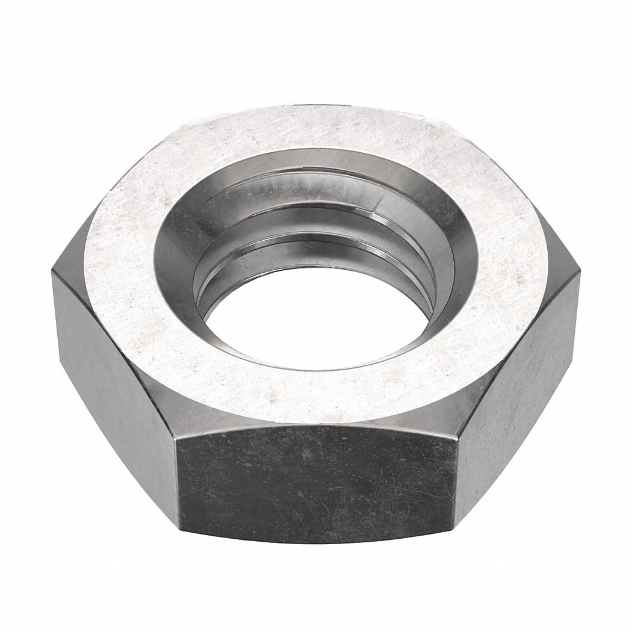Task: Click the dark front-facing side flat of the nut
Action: click(316, 482)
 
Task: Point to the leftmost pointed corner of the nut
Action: click(53, 271)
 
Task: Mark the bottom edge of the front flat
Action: click(316, 542)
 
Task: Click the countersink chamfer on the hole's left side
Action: click(175, 265)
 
